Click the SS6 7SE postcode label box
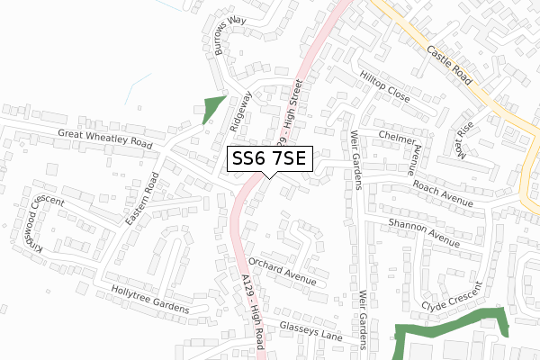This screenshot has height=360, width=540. click(269, 159)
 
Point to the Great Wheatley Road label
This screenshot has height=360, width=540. click(105, 138)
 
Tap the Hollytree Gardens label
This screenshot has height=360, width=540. click(150, 300)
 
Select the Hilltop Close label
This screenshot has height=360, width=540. click(384, 86)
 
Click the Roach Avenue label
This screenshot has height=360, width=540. click(443, 191)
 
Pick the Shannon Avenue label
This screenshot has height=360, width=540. click(423, 231)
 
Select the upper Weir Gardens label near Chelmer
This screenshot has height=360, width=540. click(352, 159)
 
